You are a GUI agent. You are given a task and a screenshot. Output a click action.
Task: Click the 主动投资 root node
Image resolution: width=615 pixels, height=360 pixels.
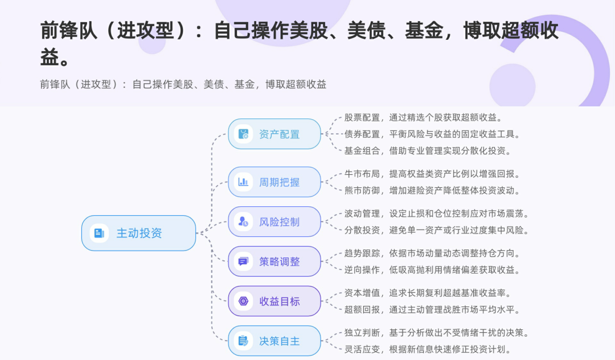pos(138,233)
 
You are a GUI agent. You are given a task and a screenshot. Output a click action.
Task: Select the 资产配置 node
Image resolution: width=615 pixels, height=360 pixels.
pos(274,134)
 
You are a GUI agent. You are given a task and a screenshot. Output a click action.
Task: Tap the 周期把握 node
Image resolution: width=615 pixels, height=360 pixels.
pos(274,182)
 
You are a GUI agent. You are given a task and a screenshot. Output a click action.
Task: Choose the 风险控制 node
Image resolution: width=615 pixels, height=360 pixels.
pos(274,222)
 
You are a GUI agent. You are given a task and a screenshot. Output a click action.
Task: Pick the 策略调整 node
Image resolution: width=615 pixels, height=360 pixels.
pos(274,261)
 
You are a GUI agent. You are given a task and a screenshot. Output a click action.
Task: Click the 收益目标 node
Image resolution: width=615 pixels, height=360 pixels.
pos(274,301)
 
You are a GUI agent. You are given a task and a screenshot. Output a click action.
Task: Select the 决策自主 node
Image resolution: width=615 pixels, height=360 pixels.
pos(274,341)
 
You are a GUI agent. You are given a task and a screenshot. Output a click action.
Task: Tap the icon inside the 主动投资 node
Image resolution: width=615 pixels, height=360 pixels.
pos(99,233)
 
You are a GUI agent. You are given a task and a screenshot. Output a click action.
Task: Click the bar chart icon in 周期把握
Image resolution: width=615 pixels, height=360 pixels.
pos(243,182)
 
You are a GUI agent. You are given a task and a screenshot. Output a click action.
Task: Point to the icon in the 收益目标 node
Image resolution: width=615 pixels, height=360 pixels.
pos(243,301)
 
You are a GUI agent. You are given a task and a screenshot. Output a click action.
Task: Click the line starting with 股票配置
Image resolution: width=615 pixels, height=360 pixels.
pos(423,118)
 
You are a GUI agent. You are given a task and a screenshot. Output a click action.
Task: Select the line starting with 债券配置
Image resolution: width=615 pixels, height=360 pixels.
pos(432,134)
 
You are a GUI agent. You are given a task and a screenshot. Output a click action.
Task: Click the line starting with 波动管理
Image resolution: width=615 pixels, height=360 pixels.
pos(437,214)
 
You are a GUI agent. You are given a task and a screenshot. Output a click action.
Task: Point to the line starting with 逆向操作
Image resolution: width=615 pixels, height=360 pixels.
pos(432,269)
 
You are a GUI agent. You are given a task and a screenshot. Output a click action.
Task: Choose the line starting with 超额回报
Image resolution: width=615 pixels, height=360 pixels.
pos(432,310)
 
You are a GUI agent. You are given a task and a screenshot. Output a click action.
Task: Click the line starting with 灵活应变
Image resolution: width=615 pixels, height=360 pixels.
pos(427,349)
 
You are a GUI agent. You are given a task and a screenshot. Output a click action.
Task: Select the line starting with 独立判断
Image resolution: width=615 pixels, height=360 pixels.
pos(437,333)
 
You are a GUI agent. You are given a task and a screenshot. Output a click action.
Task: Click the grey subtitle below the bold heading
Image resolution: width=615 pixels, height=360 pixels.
pos(183,84)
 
